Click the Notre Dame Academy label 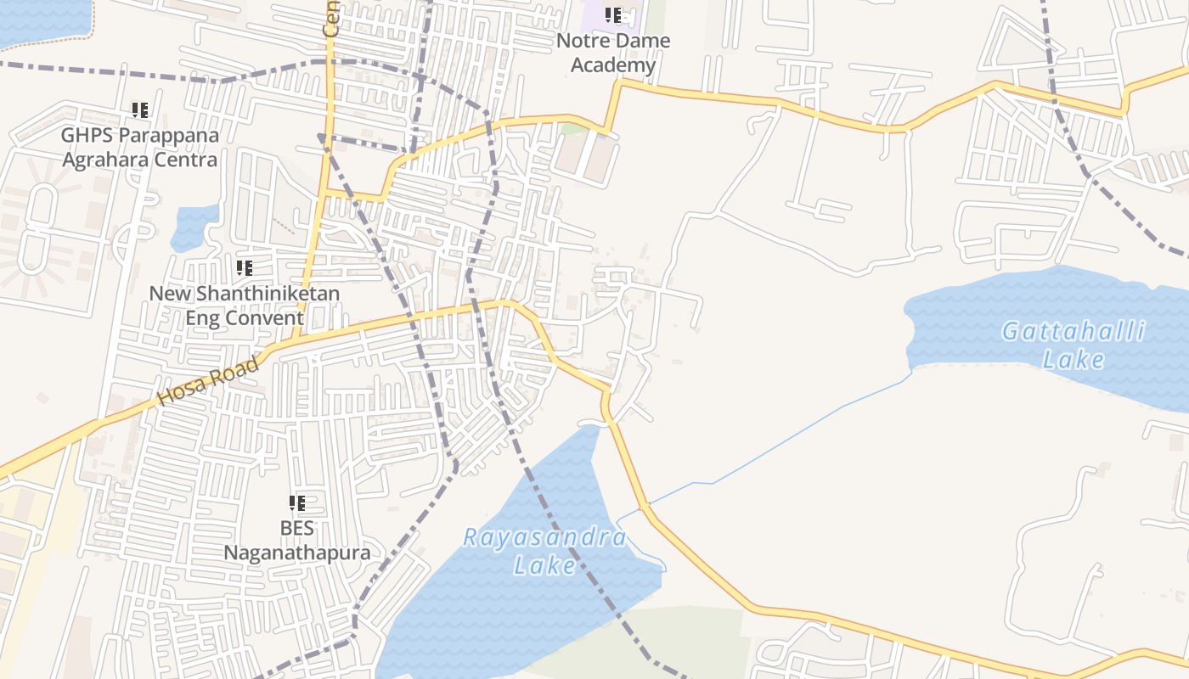tap(613, 53)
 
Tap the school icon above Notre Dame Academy tap(613, 15)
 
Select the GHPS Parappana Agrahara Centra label tap(140, 148)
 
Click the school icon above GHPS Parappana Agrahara tap(140, 110)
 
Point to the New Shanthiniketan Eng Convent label tap(245, 306)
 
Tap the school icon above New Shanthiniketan tap(245, 269)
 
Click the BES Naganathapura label tap(297, 541)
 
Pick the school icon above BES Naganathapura tap(297, 503)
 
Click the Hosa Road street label tap(209, 381)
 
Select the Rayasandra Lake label tap(545, 551)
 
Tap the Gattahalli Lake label tap(1073, 345)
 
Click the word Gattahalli tap(1073, 332)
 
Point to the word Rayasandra tap(545, 538)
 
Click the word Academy tap(613, 65)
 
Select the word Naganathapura tap(297, 553)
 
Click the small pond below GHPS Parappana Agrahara tap(194, 227)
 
